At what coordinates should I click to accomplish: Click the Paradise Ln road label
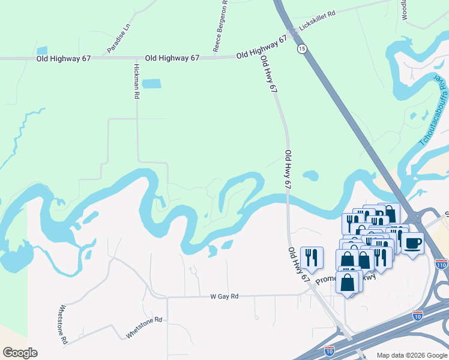click(x=119, y=38)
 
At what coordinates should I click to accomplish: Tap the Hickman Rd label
click(x=137, y=81)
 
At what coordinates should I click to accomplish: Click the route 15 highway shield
click(x=302, y=49)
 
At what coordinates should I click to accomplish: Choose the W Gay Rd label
click(x=224, y=296)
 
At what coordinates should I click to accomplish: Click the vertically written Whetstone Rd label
click(x=62, y=325)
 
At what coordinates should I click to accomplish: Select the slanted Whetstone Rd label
click(x=144, y=328)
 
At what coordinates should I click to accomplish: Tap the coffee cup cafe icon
click(x=412, y=243)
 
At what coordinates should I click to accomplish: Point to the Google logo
click(x=20, y=352)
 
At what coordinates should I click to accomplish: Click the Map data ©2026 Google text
click(x=411, y=355)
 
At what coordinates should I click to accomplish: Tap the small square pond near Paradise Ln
click(x=42, y=51)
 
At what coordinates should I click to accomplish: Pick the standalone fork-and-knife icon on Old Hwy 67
click(x=312, y=257)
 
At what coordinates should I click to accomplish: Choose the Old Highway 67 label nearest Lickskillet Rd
click(x=262, y=48)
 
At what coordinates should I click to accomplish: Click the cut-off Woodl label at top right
click(x=405, y=10)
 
